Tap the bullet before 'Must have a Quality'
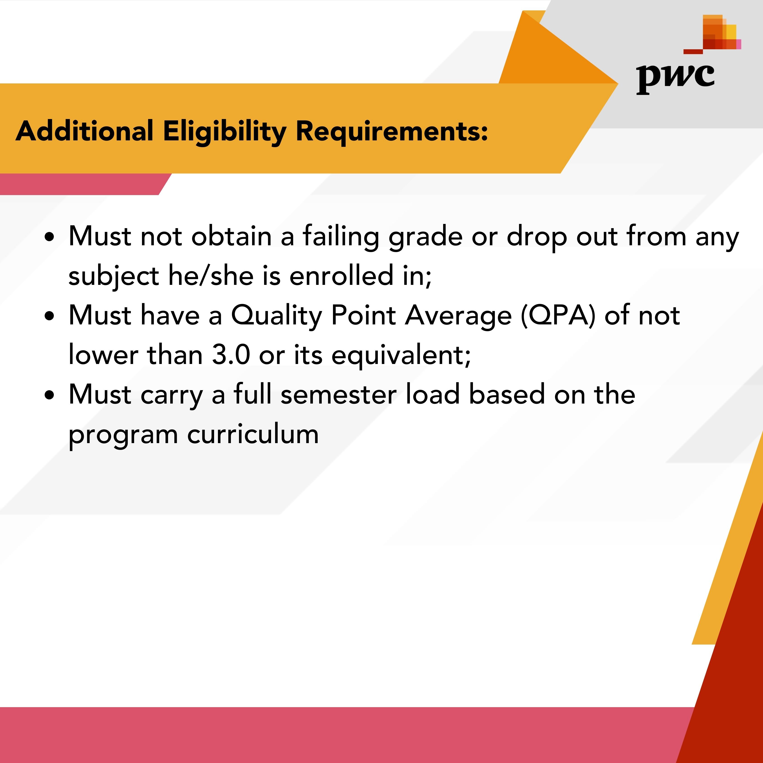click(x=49, y=316)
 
